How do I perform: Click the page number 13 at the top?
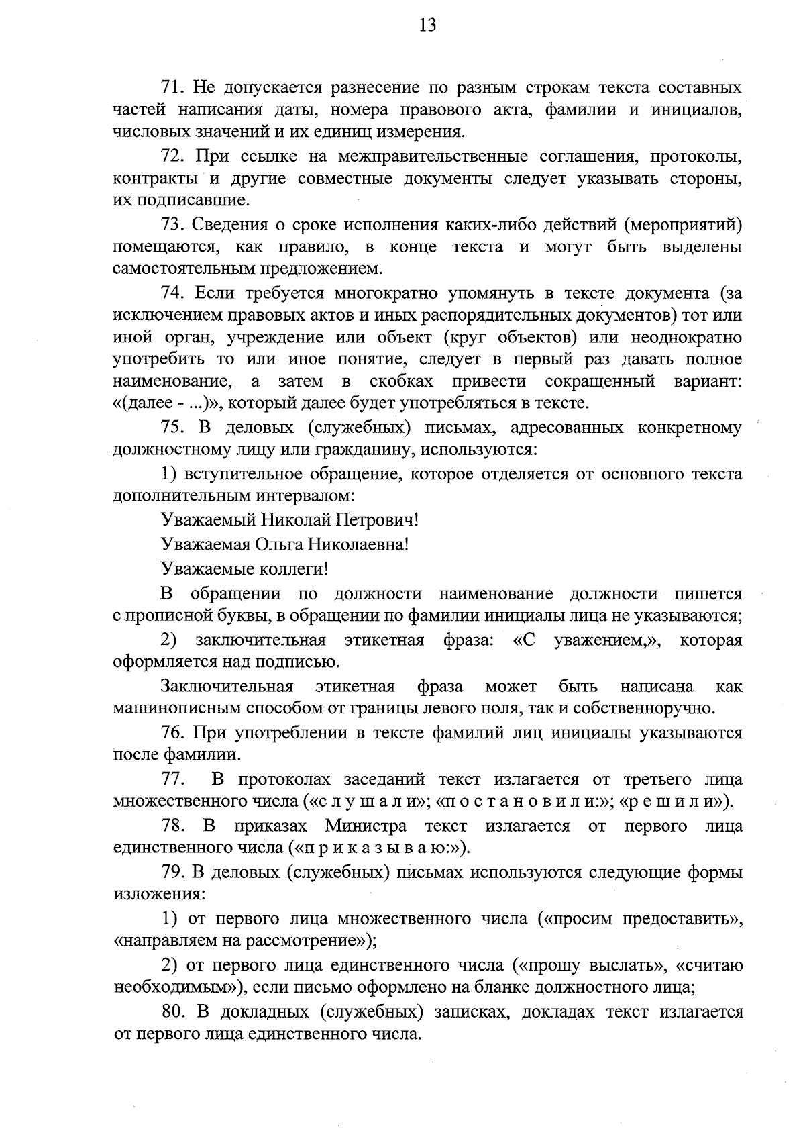click(x=427, y=26)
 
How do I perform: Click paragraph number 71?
click(x=173, y=87)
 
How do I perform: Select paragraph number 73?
click(x=173, y=224)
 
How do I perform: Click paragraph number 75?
click(x=173, y=428)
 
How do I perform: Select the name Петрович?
click(x=378, y=519)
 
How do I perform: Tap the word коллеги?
click(x=296, y=569)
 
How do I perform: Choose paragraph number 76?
click(x=173, y=732)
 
